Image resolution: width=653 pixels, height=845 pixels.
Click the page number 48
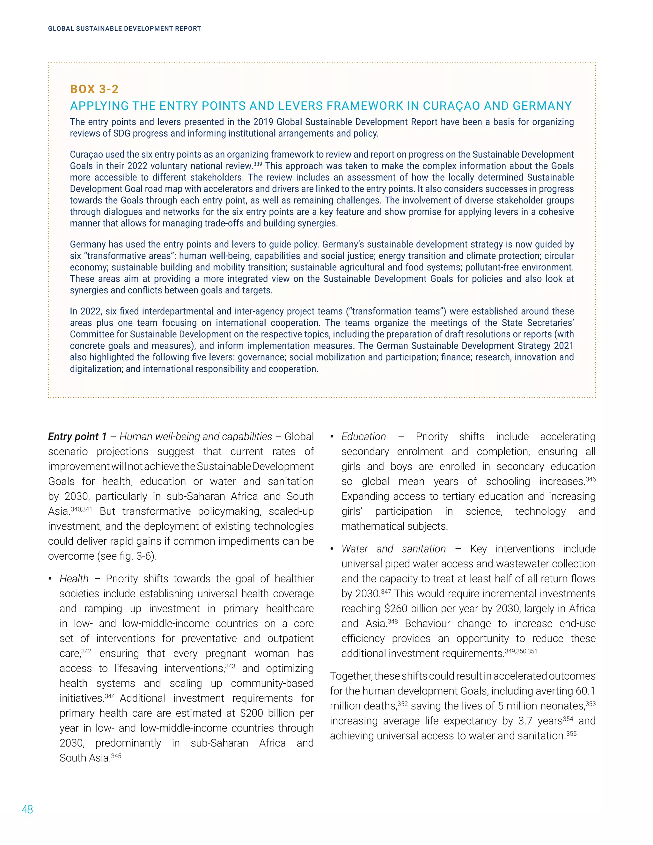[x=27, y=809]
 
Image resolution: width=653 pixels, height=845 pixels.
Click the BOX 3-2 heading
[x=94, y=89]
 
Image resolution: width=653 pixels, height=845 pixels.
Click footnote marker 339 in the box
[x=258, y=164]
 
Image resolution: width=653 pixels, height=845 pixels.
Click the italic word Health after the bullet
[x=74, y=578]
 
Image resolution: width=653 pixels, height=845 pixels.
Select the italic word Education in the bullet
[x=363, y=437]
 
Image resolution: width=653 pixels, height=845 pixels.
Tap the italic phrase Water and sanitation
[x=393, y=549]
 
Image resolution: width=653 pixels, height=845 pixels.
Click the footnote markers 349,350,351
[x=521, y=651]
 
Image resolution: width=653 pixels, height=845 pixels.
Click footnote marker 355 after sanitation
[x=571, y=733]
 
